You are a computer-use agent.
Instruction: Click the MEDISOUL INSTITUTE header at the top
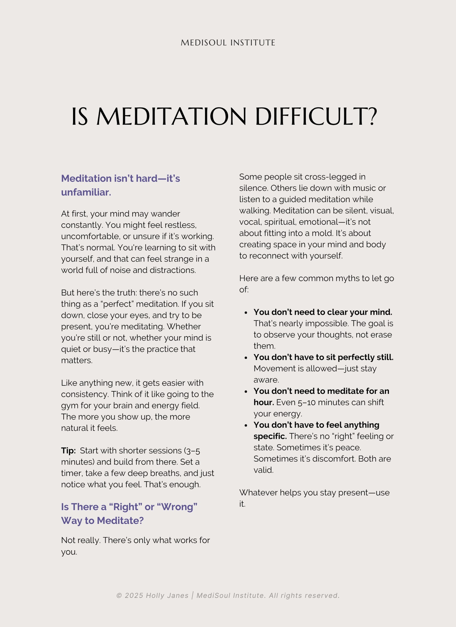pos(228,43)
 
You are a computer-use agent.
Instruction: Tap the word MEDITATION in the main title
pos(172,117)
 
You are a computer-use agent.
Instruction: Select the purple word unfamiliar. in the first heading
pos(86,192)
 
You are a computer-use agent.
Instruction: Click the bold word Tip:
pos(68,450)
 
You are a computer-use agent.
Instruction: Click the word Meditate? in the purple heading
pos(120,520)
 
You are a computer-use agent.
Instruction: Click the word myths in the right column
pos(347,278)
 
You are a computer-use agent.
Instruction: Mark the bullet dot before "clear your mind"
pos(246,313)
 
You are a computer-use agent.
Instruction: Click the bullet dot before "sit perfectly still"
pos(246,358)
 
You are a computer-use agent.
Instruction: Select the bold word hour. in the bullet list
pos(264,402)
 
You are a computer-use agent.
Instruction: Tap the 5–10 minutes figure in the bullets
pos(312,402)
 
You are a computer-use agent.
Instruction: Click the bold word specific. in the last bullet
pos(270,436)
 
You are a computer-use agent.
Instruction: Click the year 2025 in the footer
pos(134,595)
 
